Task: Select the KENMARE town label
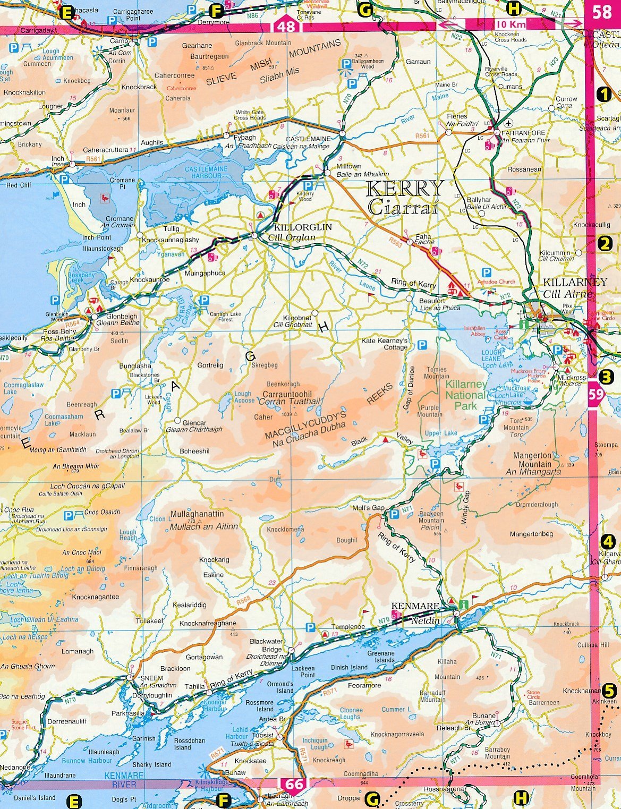pos(415,606)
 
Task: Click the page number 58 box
pos(602,12)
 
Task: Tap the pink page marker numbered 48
pos(286,25)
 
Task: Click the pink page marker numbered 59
pos(597,394)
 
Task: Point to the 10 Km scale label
pos(510,24)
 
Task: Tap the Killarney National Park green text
pos(465,390)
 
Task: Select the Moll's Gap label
pos(368,508)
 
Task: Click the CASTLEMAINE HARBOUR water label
pos(206,172)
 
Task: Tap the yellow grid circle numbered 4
pos(607,542)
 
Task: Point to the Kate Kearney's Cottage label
pos(385,344)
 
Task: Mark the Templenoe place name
pos(348,627)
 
